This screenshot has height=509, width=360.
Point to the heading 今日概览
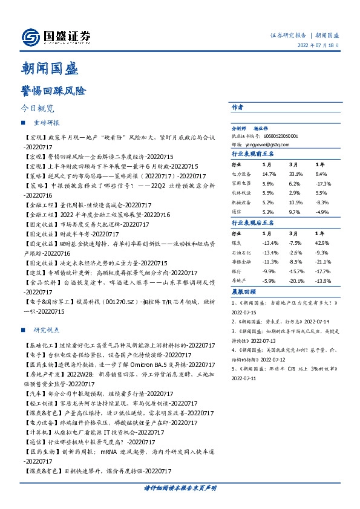38,109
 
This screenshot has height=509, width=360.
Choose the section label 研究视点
47,331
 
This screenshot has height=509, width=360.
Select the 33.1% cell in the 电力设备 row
295,173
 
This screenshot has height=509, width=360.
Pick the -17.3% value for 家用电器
323,183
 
